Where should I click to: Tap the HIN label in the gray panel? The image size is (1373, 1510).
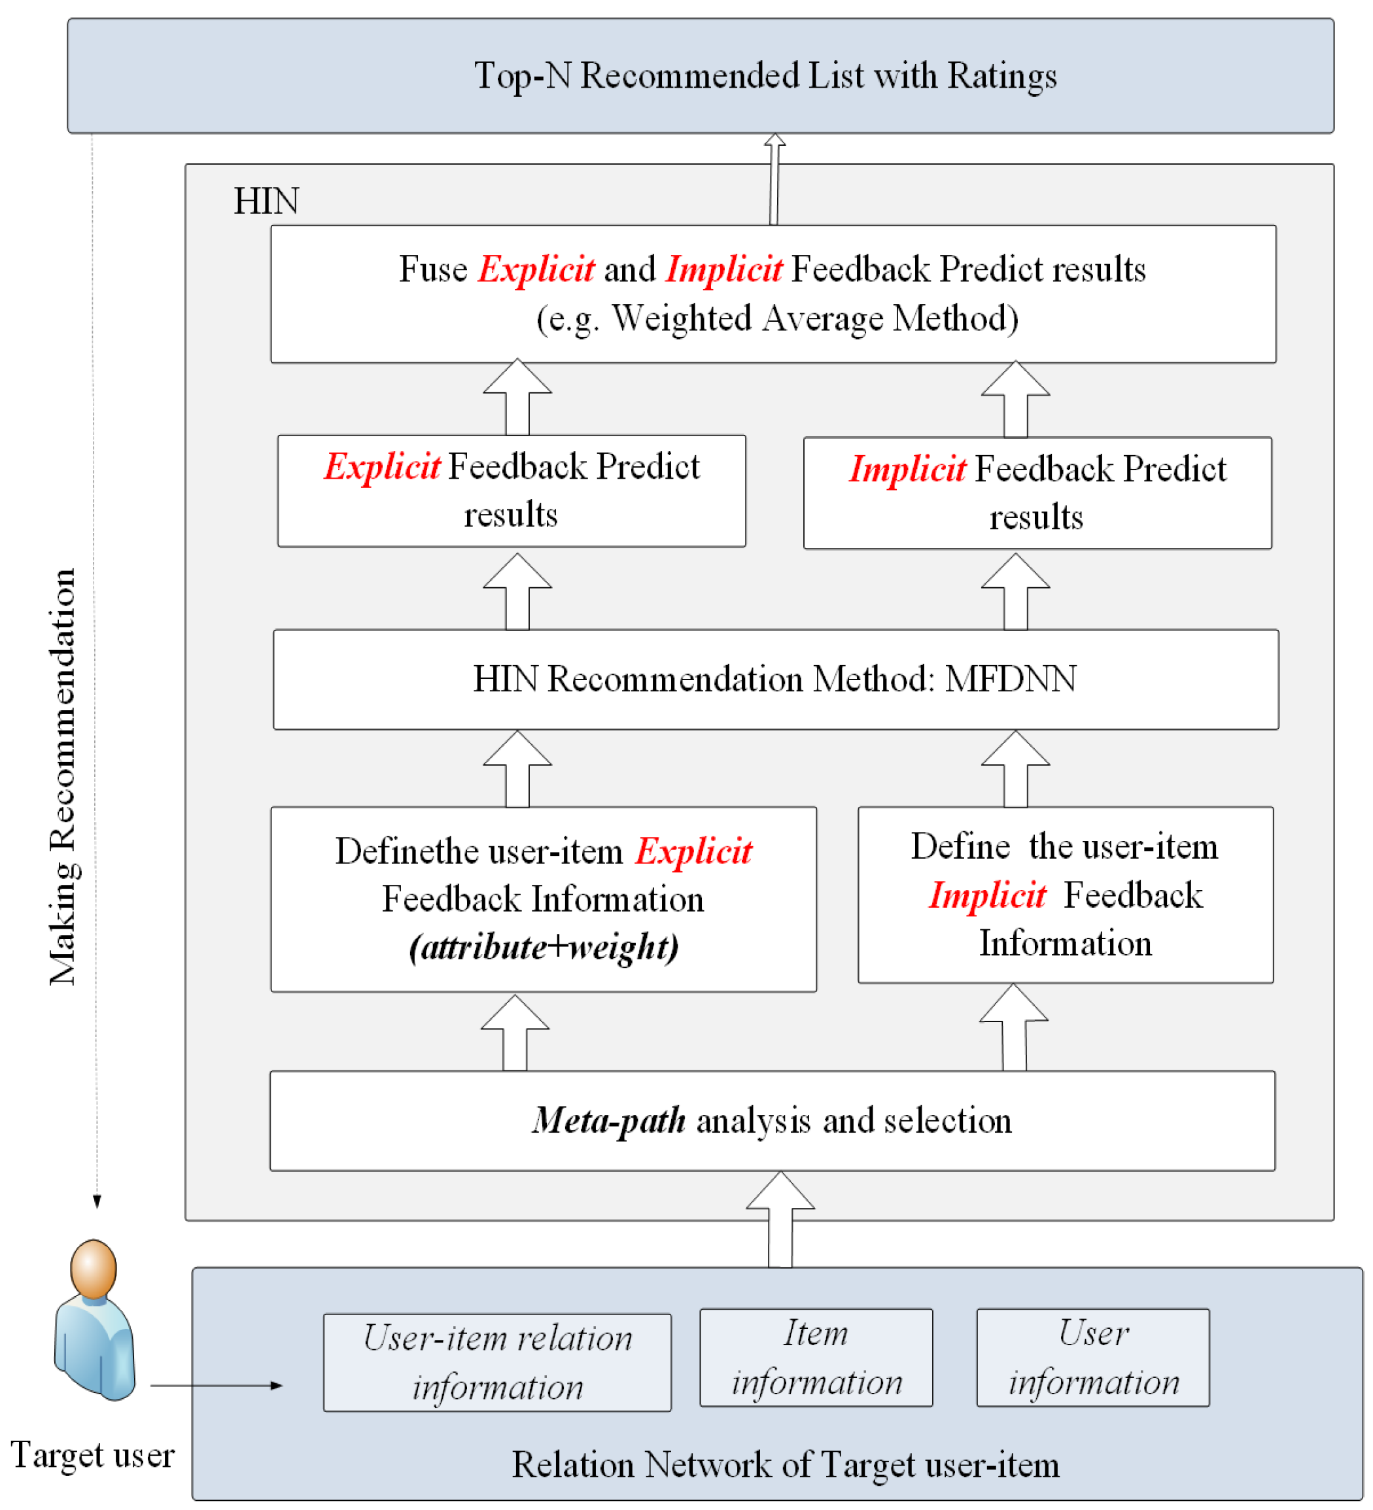(266, 201)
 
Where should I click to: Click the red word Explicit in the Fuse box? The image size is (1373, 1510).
(536, 269)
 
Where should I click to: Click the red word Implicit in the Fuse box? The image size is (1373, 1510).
(723, 269)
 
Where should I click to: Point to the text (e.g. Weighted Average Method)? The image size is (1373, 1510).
(776, 319)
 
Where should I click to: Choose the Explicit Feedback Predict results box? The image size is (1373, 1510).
(511, 491)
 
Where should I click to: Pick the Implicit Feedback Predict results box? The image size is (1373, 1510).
(1037, 494)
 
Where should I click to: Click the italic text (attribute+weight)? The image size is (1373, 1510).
(543, 948)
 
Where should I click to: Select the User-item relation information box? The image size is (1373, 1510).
(496, 1362)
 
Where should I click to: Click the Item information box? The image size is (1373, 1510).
(816, 1358)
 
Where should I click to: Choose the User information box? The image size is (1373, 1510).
(1092, 1358)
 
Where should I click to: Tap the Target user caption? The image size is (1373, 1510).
(92, 1455)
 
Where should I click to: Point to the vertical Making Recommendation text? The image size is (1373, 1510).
(63, 777)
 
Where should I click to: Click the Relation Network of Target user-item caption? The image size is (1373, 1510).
(785, 1465)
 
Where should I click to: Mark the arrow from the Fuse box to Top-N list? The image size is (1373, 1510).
(774, 180)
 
